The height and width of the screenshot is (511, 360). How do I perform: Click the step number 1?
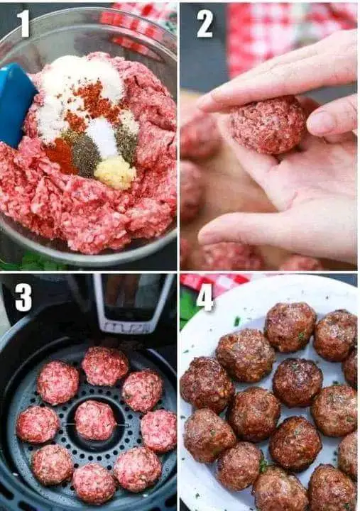[x=23, y=23]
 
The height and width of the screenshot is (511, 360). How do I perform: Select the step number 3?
[x=23, y=297]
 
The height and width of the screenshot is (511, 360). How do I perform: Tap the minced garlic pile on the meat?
[x=115, y=172]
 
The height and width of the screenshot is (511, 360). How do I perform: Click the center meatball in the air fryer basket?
[x=95, y=420]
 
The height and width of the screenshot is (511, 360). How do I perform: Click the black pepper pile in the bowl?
[x=84, y=155]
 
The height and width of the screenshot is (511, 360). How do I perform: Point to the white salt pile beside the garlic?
[x=103, y=136]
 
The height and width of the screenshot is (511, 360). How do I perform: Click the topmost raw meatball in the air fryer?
[x=105, y=366]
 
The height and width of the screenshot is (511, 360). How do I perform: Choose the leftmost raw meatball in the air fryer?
[x=38, y=424]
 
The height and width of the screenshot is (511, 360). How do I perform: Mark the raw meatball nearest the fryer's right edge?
[x=159, y=431]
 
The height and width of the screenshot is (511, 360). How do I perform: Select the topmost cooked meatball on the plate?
[x=290, y=327]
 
